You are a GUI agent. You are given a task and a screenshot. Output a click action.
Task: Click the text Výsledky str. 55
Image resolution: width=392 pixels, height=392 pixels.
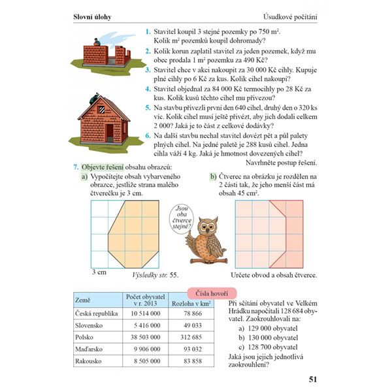(x=155, y=275)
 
